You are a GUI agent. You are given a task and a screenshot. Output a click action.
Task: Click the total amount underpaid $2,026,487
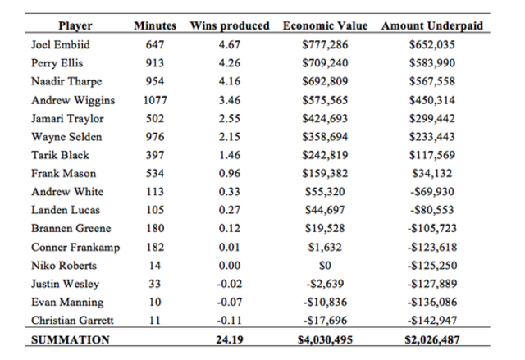point(432,339)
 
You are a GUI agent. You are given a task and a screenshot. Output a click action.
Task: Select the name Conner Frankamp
point(71,247)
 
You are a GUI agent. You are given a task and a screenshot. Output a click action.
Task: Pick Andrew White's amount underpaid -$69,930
point(432,191)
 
